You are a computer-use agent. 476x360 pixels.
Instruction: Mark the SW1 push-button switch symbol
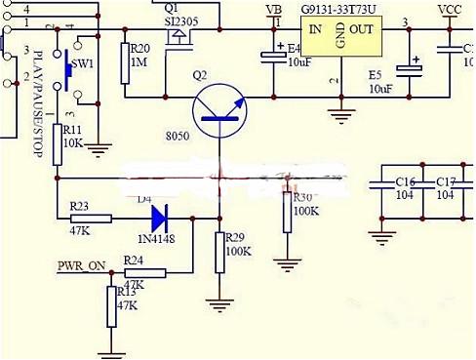pos(66,66)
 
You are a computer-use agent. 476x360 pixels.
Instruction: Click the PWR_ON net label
pos(82,265)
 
